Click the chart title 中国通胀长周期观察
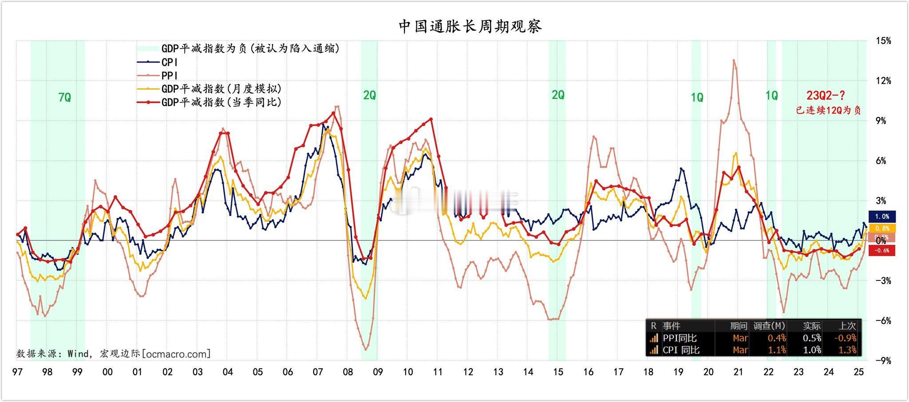point(470,27)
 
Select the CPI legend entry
point(169,63)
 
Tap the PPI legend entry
point(169,76)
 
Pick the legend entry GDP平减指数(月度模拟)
point(221,89)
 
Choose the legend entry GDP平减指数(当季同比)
point(221,102)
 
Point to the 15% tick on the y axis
point(883,41)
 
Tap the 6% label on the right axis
point(881,161)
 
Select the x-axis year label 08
point(348,372)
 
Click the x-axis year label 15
point(558,372)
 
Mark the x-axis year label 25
point(858,372)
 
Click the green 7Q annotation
point(65,97)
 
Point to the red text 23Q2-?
point(826,95)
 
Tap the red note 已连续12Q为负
point(828,110)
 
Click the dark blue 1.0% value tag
point(882,217)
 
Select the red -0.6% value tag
point(881,250)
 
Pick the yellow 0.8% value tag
point(882,228)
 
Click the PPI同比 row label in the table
point(680,338)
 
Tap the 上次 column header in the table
point(847,326)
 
